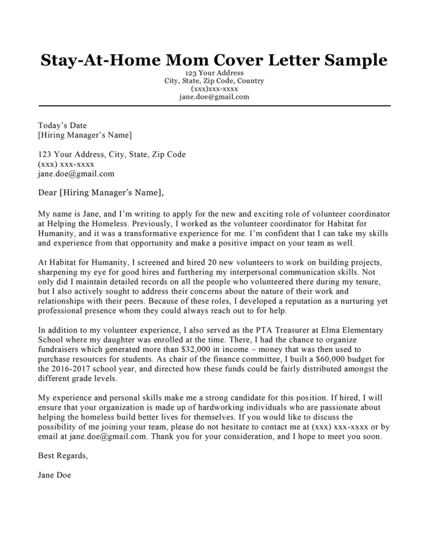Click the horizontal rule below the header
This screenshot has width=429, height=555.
[x=214, y=105]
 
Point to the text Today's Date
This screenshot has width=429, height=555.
[x=62, y=125]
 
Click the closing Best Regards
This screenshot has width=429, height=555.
[x=62, y=456]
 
